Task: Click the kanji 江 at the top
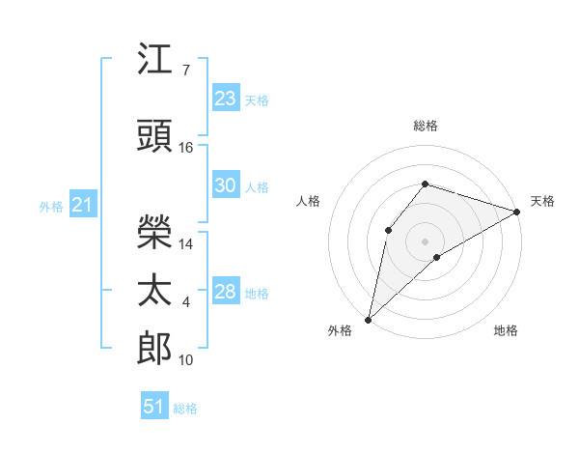[x=154, y=58]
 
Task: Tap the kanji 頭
[x=154, y=135]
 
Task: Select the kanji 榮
[x=154, y=232]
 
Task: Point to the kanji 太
[x=154, y=290]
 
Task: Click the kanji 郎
[x=154, y=348]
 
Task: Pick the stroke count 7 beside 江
[x=186, y=71]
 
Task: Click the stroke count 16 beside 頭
[x=185, y=148]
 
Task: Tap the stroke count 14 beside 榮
[x=185, y=244]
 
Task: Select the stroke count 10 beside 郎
[x=185, y=360]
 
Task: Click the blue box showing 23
[x=226, y=98]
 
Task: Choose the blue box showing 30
[x=226, y=184]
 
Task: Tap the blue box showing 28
[x=226, y=290]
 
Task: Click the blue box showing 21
[x=83, y=204]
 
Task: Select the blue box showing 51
[x=154, y=405]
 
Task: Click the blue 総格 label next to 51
[x=185, y=409]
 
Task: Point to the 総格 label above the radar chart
[x=426, y=126]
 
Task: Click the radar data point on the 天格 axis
[x=517, y=212]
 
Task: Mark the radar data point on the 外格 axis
[x=369, y=320]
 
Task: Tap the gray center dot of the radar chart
[x=425, y=241]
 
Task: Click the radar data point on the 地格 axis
[x=437, y=257]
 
